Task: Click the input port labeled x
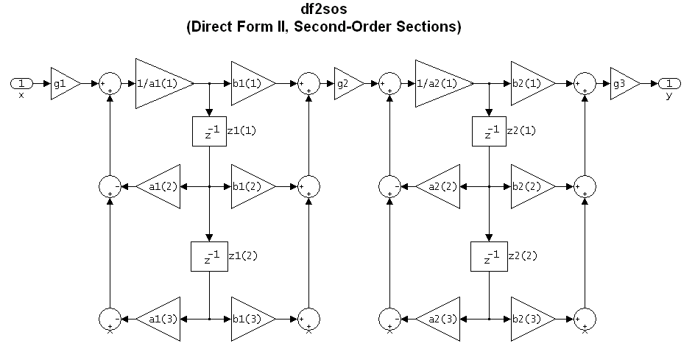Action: tap(21, 82)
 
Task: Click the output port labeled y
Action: tap(669, 82)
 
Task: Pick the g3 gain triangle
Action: tap(621, 83)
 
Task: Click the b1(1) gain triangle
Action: tap(250, 83)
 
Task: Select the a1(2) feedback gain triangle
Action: tap(161, 186)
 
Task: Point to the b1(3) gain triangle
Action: tap(250, 319)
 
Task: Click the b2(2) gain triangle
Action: tap(530, 186)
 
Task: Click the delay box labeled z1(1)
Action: tap(209, 131)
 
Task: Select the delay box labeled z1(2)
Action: tap(209, 256)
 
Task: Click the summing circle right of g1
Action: tap(109, 83)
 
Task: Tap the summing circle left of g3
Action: tap(585, 83)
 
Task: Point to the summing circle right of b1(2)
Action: tap(308, 186)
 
